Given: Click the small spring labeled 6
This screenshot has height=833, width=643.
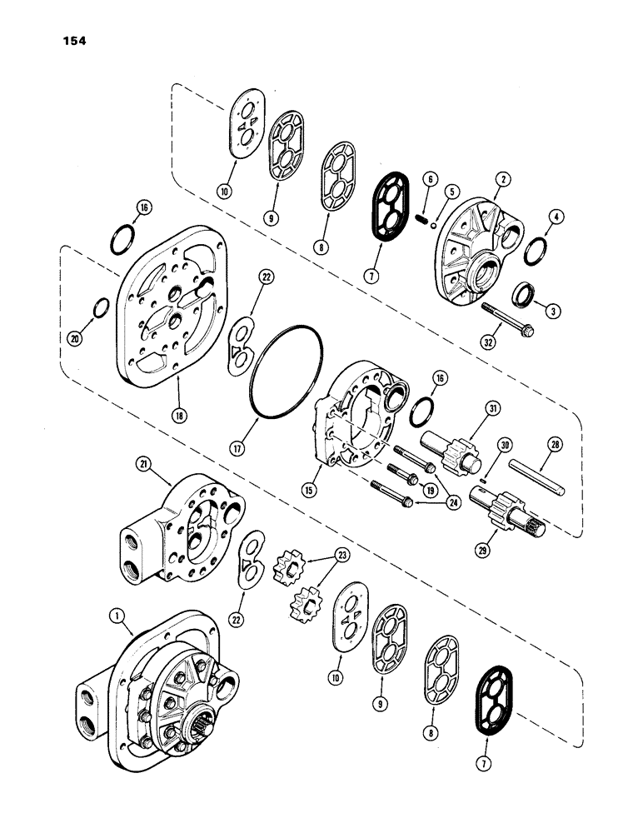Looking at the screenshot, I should tap(423, 219).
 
